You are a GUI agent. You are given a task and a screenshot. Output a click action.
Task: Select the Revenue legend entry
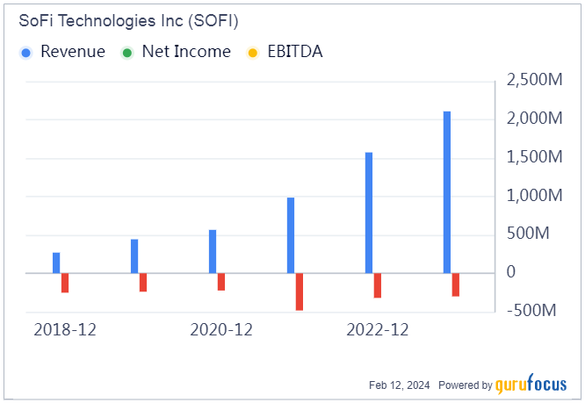click(63, 52)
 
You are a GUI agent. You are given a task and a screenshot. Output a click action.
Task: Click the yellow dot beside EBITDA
click(254, 52)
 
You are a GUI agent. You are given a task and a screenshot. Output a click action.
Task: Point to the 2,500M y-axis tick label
click(535, 81)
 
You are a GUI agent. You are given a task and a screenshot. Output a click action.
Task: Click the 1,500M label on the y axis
click(535, 157)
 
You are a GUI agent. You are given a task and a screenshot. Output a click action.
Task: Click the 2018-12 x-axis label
click(64, 330)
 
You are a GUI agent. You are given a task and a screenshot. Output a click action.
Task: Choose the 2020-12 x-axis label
click(221, 330)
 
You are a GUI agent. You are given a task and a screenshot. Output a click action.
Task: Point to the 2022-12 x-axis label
click(378, 330)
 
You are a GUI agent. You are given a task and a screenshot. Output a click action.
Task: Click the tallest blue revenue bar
click(447, 191)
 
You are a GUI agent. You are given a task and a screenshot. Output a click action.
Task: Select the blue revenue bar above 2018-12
click(56, 263)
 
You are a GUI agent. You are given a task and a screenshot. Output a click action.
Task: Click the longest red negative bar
click(300, 291)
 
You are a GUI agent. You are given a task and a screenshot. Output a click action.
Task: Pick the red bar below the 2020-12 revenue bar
click(221, 282)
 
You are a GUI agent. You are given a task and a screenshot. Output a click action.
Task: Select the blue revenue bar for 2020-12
click(213, 251)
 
